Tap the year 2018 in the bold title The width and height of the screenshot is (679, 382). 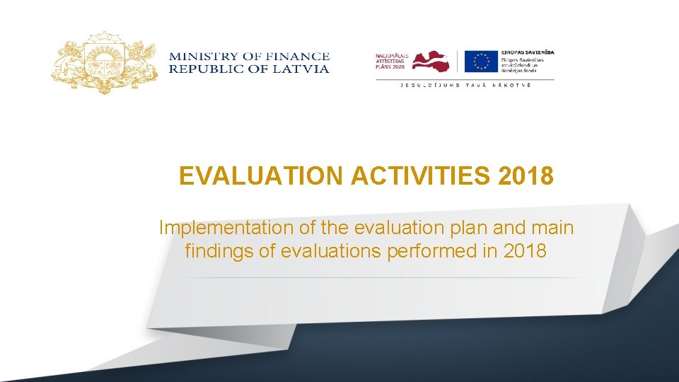526,175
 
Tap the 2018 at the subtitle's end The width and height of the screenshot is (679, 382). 526,250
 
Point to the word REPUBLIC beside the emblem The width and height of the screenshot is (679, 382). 205,69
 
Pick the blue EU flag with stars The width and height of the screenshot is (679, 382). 481,62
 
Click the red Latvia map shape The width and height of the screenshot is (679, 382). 431,62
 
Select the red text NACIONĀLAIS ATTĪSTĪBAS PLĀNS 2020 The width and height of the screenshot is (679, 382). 391,62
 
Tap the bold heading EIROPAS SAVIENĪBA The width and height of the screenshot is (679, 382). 528,52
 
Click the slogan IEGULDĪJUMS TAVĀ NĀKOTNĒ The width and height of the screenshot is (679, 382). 465,85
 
